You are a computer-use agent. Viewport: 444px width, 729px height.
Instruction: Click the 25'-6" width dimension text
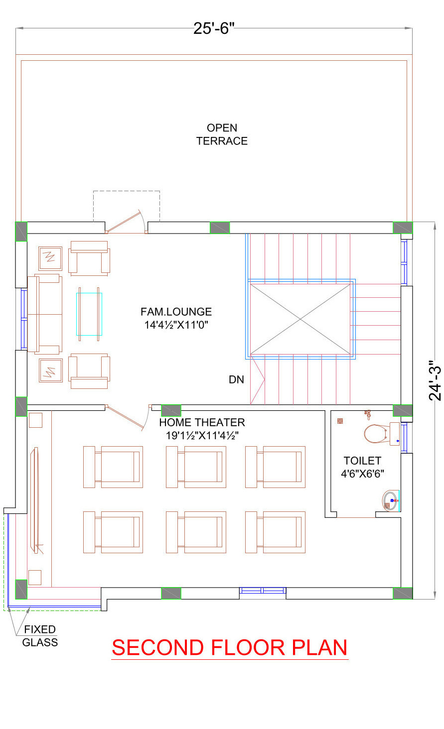(x=214, y=28)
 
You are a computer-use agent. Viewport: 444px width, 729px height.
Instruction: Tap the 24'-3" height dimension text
(x=435, y=380)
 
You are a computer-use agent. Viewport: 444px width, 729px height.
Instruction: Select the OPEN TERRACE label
(x=222, y=134)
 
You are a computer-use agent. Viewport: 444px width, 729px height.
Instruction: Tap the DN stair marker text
(x=236, y=379)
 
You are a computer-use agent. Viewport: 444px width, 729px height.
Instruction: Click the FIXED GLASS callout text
(x=40, y=636)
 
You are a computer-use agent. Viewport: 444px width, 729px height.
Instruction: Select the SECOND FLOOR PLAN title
(x=230, y=647)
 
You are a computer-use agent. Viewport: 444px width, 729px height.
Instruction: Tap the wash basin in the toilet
(x=390, y=500)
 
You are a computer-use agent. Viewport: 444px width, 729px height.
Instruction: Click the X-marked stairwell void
(x=300, y=319)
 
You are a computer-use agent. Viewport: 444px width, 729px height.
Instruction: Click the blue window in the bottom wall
(x=263, y=591)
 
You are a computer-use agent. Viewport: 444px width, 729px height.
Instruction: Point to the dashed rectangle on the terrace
(x=127, y=191)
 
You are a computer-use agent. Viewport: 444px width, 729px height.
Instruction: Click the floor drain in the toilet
(x=340, y=421)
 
